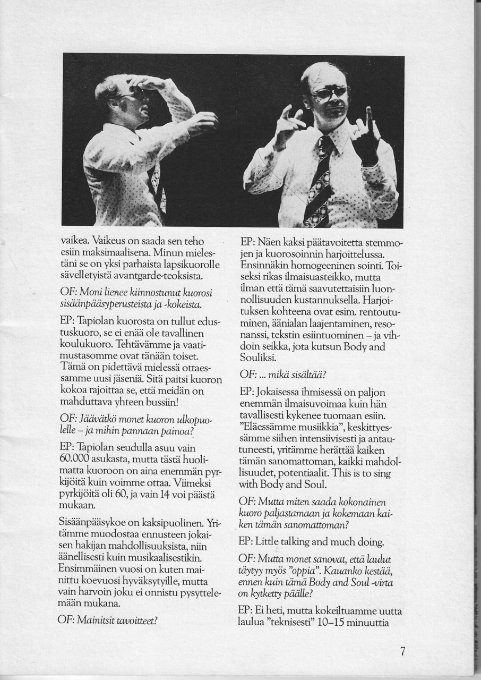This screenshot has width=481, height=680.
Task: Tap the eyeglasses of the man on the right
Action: (x=330, y=94)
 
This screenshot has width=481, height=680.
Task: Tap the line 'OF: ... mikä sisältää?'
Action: (x=282, y=375)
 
